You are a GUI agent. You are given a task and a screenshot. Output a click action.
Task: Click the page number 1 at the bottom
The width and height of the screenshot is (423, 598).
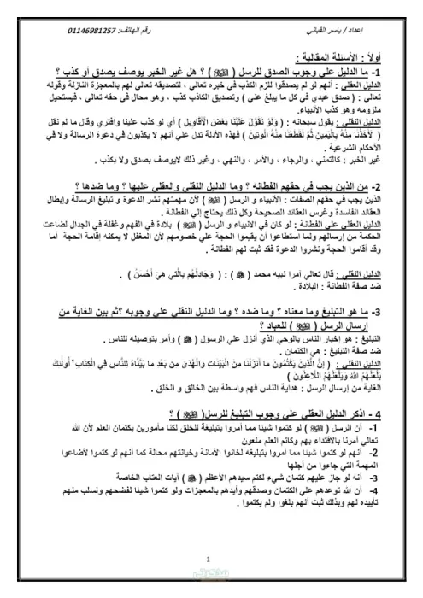[211, 560]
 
